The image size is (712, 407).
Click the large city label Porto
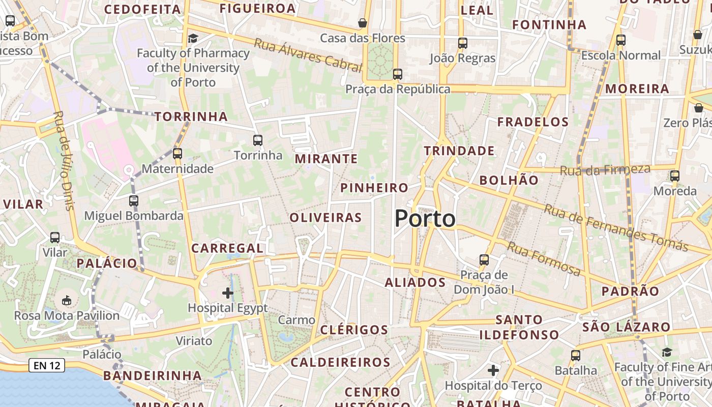[425, 219]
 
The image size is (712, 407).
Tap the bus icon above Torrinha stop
[258, 140]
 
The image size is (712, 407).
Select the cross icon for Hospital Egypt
[228, 293]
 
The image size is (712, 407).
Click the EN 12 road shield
[47, 365]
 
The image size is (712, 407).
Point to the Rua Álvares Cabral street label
[308, 54]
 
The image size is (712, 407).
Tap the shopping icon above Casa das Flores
[363, 23]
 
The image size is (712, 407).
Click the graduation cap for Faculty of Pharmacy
[193, 38]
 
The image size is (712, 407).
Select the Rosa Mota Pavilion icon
[67, 300]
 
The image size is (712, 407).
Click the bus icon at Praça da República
[398, 74]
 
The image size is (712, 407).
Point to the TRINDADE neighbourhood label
[459, 151]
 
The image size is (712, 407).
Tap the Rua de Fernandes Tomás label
[615, 228]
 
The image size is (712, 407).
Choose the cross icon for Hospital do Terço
[493, 370]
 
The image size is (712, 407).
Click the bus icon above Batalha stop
[576, 355]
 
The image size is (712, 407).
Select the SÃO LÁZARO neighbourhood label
[626, 327]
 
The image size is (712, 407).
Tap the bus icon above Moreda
[675, 176]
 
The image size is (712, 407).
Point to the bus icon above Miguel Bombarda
[134, 200]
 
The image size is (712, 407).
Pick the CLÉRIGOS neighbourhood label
[354, 330]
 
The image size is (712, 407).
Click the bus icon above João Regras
[462, 43]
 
